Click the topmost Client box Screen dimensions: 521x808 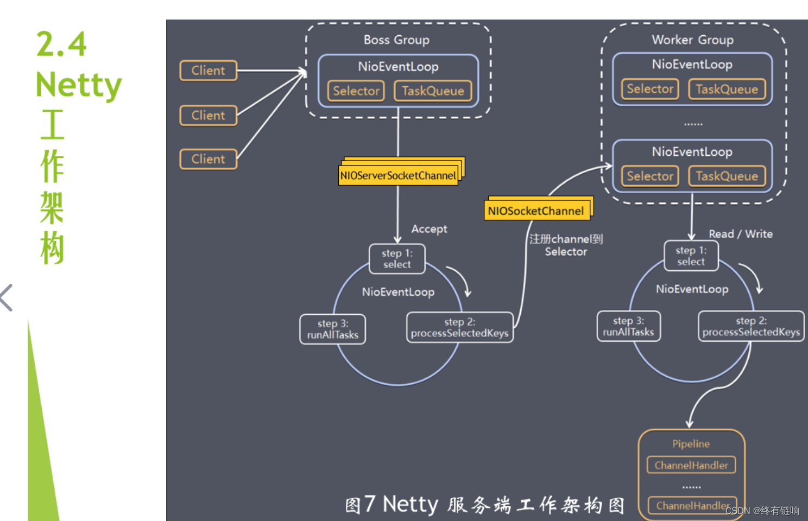pos(209,71)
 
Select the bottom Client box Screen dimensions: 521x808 pos(209,159)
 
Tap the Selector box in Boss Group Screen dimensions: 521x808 pos(356,91)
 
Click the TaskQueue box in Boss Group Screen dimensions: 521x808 pos(433,91)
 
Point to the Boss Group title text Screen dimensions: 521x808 pos(396,40)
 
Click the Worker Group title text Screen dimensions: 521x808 pos(692,40)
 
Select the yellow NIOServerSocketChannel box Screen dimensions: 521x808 pos(398,175)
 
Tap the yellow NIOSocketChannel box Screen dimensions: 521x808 pos(536,211)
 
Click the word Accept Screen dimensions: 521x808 pos(429,229)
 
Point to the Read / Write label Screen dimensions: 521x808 pos(740,234)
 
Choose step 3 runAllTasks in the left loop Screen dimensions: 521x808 pos(333,329)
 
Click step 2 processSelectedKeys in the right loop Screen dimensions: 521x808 pos(751,326)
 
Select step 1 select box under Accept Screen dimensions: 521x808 pos(397,259)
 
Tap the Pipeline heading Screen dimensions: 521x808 pos(691,444)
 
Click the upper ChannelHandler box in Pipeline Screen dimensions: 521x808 pos(691,465)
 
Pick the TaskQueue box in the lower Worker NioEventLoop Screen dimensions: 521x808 pos(727,176)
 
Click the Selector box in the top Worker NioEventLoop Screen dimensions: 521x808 pos(650,89)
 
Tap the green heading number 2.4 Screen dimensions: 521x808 pos(61,44)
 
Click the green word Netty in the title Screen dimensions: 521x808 pos(79,85)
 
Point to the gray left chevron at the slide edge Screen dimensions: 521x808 pos(7,297)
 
